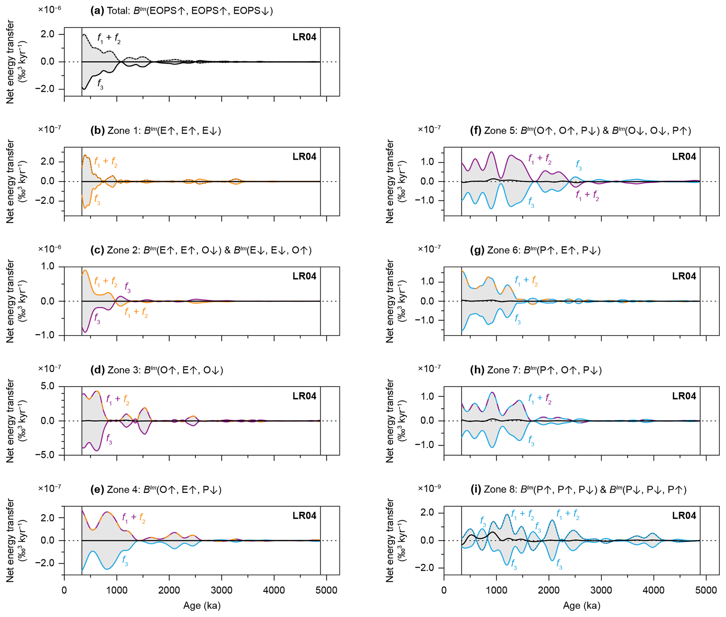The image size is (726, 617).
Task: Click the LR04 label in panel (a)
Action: [x=304, y=37]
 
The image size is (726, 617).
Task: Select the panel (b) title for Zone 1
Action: [x=156, y=131]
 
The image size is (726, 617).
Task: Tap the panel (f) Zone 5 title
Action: [x=580, y=131]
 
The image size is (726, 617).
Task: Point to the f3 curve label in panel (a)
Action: [x=100, y=84]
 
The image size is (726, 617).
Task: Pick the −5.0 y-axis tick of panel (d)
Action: [x=45, y=455]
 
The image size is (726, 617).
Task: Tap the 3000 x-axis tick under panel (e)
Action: [x=222, y=590]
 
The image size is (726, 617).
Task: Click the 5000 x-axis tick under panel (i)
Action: [x=706, y=590]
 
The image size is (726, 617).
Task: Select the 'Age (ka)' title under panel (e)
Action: [x=202, y=606]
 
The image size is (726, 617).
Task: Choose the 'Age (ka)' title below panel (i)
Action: [x=581, y=606]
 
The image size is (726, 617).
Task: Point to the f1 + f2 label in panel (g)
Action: [x=526, y=281]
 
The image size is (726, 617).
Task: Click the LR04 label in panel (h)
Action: [x=684, y=396]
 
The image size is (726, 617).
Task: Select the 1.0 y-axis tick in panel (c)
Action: [x=48, y=267]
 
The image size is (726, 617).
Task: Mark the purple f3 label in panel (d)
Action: [x=109, y=439]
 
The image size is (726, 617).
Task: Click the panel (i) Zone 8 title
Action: [x=578, y=490]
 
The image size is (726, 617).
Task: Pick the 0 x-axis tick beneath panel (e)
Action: [x=64, y=590]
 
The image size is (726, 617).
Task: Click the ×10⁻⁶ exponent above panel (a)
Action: [x=50, y=9]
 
